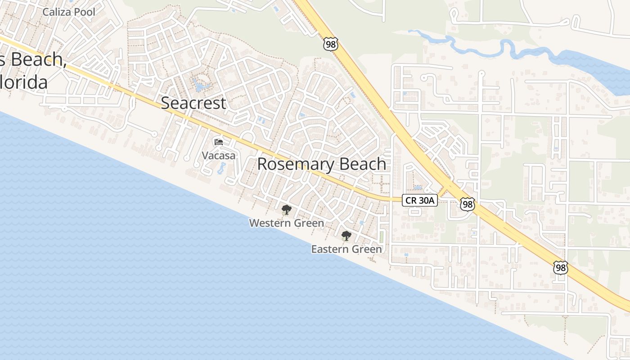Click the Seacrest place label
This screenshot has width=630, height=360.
click(193, 103)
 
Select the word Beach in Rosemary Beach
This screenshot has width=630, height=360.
click(362, 164)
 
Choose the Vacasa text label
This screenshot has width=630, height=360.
click(218, 156)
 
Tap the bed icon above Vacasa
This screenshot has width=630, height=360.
click(219, 142)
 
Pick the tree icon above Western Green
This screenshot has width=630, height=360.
click(286, 210)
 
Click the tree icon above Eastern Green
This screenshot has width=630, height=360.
click(346, 236)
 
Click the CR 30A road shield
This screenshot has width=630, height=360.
click(420, 201)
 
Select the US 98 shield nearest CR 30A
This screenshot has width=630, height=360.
click(468, 205)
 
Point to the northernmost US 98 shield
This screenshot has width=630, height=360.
click(330, 44)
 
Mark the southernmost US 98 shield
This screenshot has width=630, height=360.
click(561, 268)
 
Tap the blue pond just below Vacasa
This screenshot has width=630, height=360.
click(221, 169)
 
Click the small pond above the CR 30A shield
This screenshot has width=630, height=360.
click(418, 187)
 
